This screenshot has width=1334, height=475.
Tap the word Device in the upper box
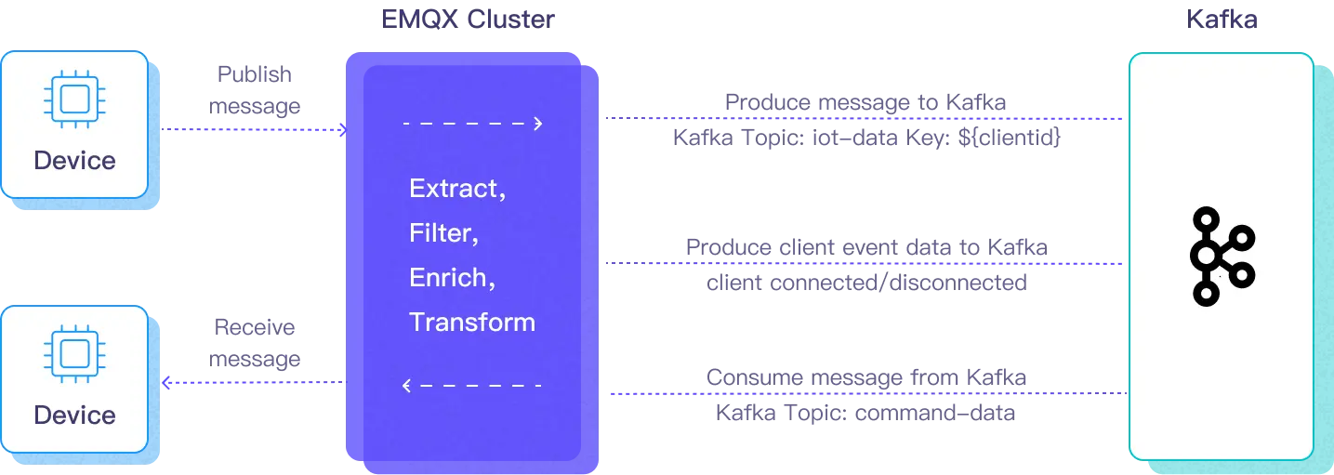click(74, 161)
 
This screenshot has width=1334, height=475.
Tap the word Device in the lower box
click(74, 415)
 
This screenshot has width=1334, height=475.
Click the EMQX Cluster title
click(469, 19)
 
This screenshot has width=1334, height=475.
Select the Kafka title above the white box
click(1221, 19)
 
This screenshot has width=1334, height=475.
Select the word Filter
click(443, 233)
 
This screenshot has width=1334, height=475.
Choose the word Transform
click(472, 323)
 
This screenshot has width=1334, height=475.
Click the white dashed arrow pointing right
click(473, 123)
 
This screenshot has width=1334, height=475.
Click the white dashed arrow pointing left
click(473, 385)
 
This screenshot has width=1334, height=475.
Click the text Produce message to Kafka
click(865, 100)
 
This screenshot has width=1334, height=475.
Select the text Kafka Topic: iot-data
click(865, 139)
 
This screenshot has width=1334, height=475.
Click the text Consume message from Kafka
click(865, 377)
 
